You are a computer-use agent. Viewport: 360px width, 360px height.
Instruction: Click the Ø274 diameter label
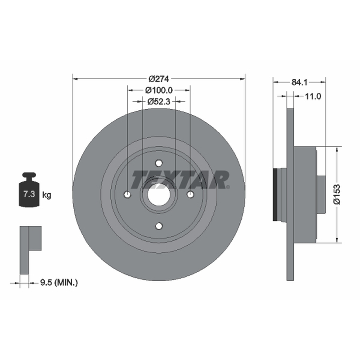159,79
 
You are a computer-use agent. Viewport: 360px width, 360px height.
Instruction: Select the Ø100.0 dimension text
159,90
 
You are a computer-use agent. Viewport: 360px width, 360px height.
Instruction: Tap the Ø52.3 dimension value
159,101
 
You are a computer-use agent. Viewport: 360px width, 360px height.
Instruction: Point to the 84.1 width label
299,82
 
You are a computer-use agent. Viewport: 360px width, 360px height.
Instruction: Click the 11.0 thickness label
313,96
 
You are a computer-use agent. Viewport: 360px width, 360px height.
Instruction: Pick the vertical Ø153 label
337,194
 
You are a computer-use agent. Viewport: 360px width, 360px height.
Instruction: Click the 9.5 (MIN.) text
59,283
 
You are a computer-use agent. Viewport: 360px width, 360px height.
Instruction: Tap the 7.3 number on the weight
29,194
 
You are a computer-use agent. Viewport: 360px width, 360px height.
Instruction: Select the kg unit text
47,195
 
